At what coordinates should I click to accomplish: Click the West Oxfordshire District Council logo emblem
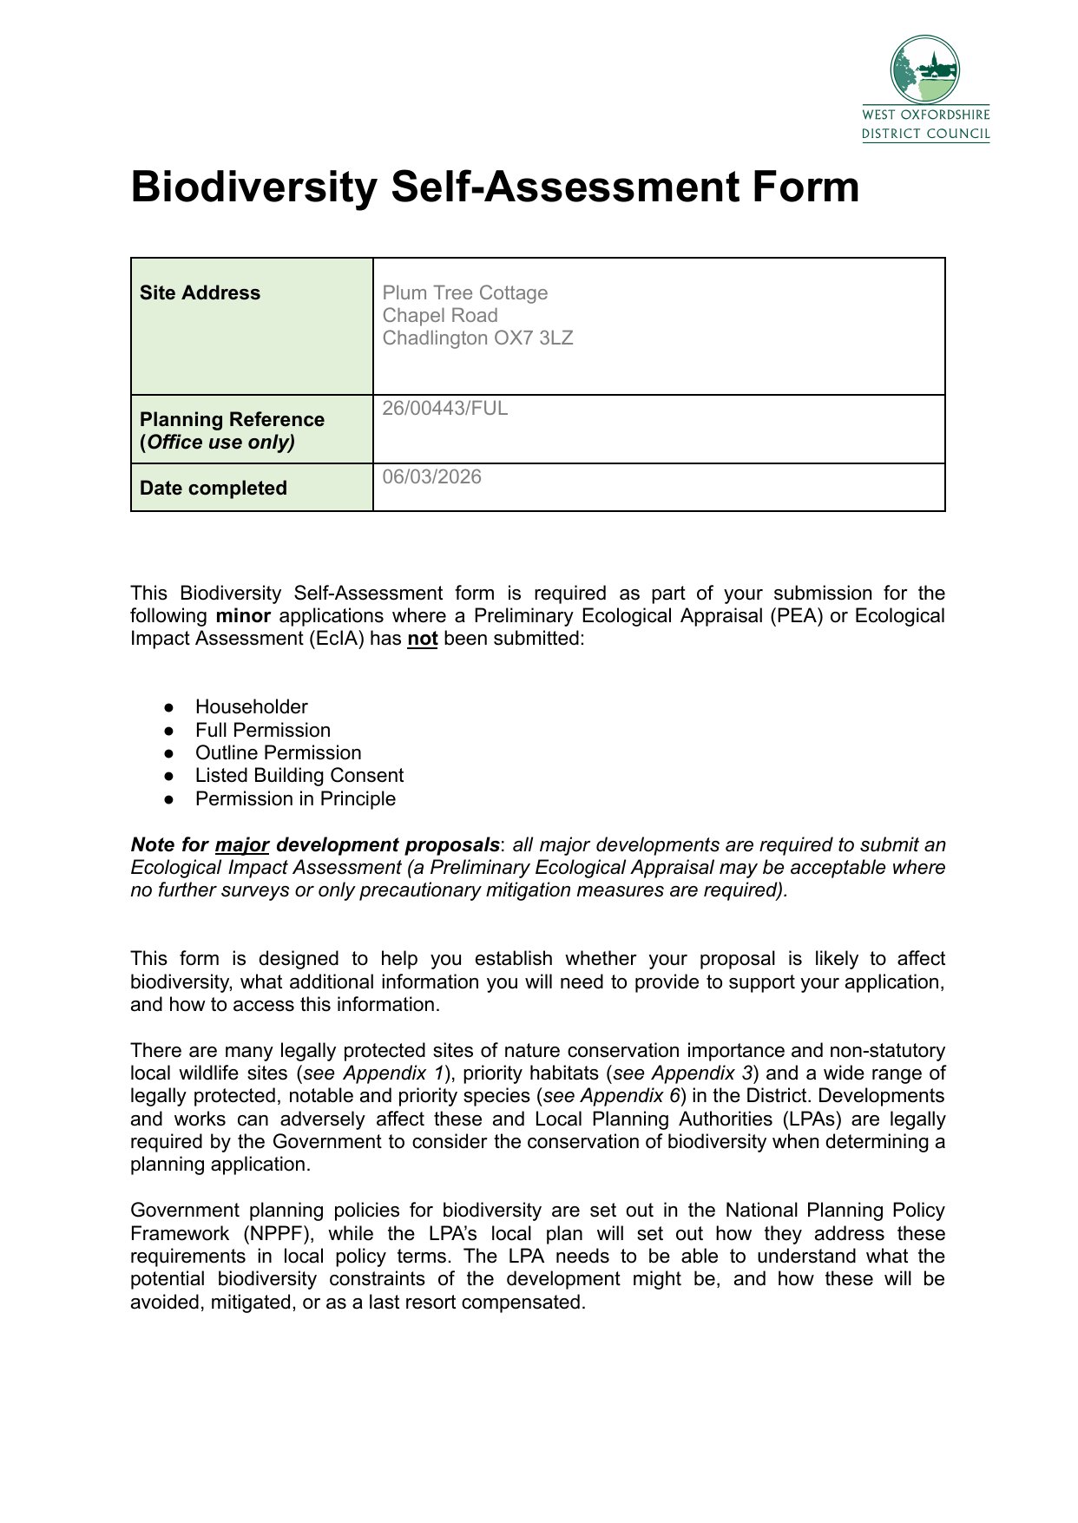tap(925, 69)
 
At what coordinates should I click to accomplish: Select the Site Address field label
tap(200, 293)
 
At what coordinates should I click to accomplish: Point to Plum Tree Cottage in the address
tap(465, 293)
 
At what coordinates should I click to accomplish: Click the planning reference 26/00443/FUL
tap(445, 409)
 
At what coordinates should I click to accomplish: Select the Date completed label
tap(214, 489)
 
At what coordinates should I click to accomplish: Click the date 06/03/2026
tap(432, 477)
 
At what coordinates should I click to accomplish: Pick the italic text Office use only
tap(220, 443)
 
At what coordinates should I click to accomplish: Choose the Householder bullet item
tap(252, 707)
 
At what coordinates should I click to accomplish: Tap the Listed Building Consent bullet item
tap(299, 776)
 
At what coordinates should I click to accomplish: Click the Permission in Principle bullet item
tap(295, 799)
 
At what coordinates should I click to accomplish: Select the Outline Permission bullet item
tap(278, 753)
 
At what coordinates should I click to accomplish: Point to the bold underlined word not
tap(423, 640)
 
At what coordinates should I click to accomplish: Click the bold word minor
tap(244, 616)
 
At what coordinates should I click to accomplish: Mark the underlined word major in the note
tap(242, 845)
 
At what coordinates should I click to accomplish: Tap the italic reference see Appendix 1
tap(373, 1074)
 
